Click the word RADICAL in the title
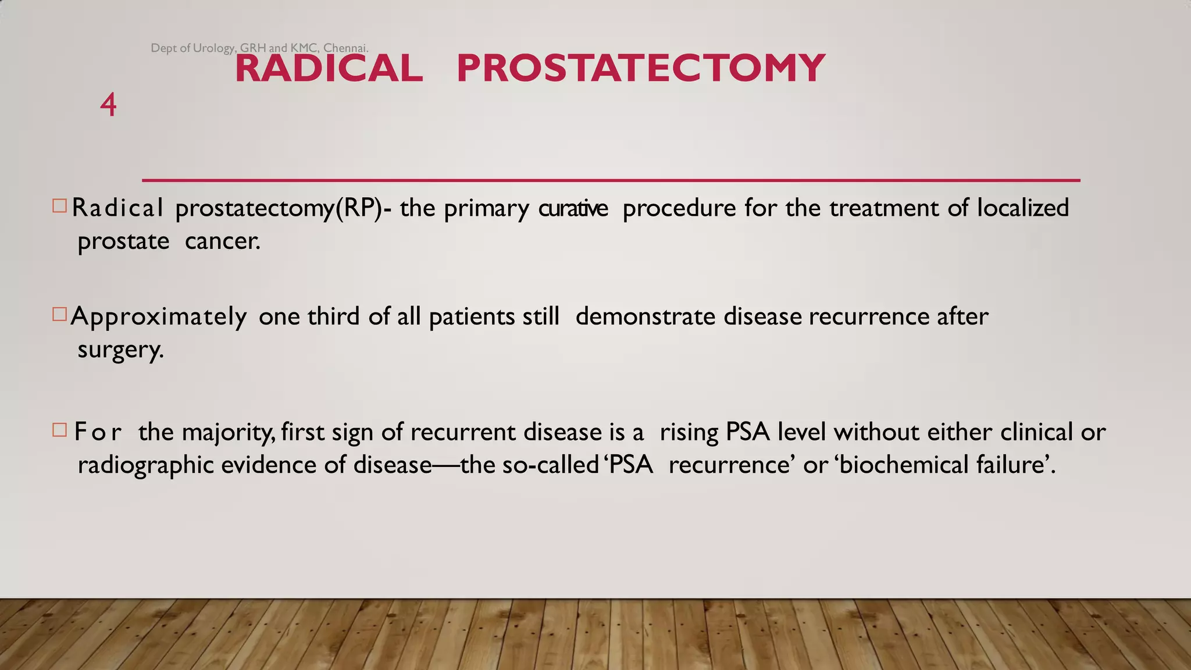coord(329,68)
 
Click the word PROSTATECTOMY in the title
coord(640,68)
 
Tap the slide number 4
coord(108,105)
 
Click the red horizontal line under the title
coord(611,180)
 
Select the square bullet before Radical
coord(59,206)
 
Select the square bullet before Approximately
coord(59,315)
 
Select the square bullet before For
coord(59,430)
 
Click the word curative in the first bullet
coord(573,208)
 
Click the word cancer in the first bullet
coord(222,241)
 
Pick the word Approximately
coord(158,317)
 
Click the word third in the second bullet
coord(333,316)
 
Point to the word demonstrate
coord(645,316)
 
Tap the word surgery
coord(120,350)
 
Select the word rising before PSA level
coord(689,433)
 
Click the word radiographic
coord(145,465)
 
